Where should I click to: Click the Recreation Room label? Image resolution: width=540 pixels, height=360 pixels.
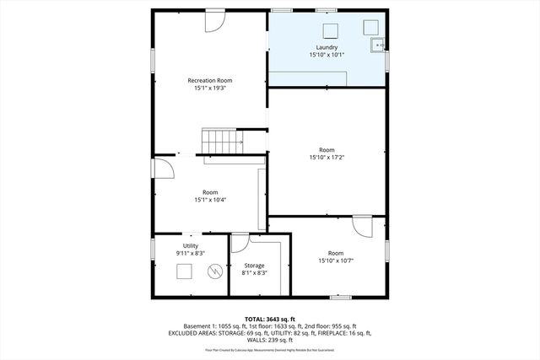[209, 80]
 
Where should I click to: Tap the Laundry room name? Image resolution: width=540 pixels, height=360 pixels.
[327, 47]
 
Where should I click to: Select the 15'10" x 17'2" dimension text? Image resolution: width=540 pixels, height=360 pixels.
[327, 157]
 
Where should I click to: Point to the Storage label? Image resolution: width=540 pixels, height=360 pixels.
[255, 266]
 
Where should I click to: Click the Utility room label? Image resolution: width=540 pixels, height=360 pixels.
[191, 244]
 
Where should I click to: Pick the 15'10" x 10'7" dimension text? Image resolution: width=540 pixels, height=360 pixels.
[336, 261]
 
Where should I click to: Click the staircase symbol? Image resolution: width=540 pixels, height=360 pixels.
[221, 141]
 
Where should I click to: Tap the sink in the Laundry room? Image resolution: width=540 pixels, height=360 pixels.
[378, 44]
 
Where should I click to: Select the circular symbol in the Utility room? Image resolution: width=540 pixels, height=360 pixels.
[214, 271]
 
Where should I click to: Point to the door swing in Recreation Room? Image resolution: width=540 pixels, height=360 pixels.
[215, 19]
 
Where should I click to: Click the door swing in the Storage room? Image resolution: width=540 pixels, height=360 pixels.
[240, 242]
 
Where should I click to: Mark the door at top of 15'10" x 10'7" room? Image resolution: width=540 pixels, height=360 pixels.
[363, 225]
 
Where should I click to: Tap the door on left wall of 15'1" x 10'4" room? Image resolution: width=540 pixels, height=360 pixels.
[163, 168]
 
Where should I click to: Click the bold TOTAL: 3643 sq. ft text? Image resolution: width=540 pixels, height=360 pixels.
[269, 318]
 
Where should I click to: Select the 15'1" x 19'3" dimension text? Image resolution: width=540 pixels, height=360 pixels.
[209, 88]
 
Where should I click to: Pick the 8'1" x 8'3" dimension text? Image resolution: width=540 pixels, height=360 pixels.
[255, 273]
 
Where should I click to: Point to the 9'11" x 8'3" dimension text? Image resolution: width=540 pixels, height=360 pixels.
[191, 252]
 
